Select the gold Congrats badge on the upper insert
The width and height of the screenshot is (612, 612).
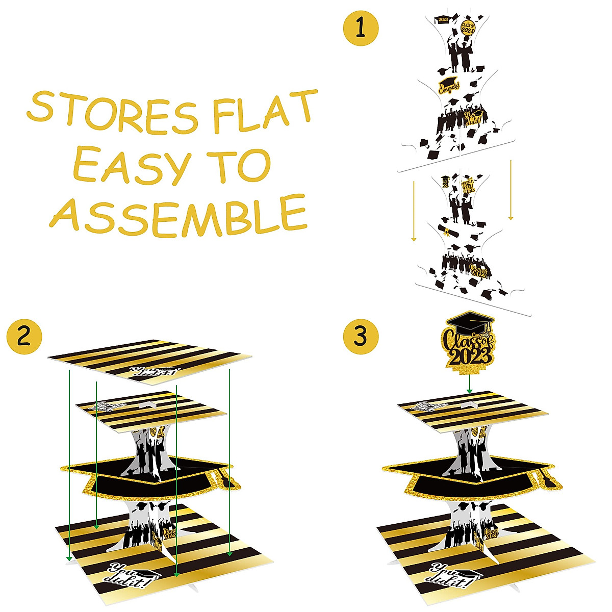(447, 85)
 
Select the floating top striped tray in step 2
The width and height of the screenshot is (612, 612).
(151, 360)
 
